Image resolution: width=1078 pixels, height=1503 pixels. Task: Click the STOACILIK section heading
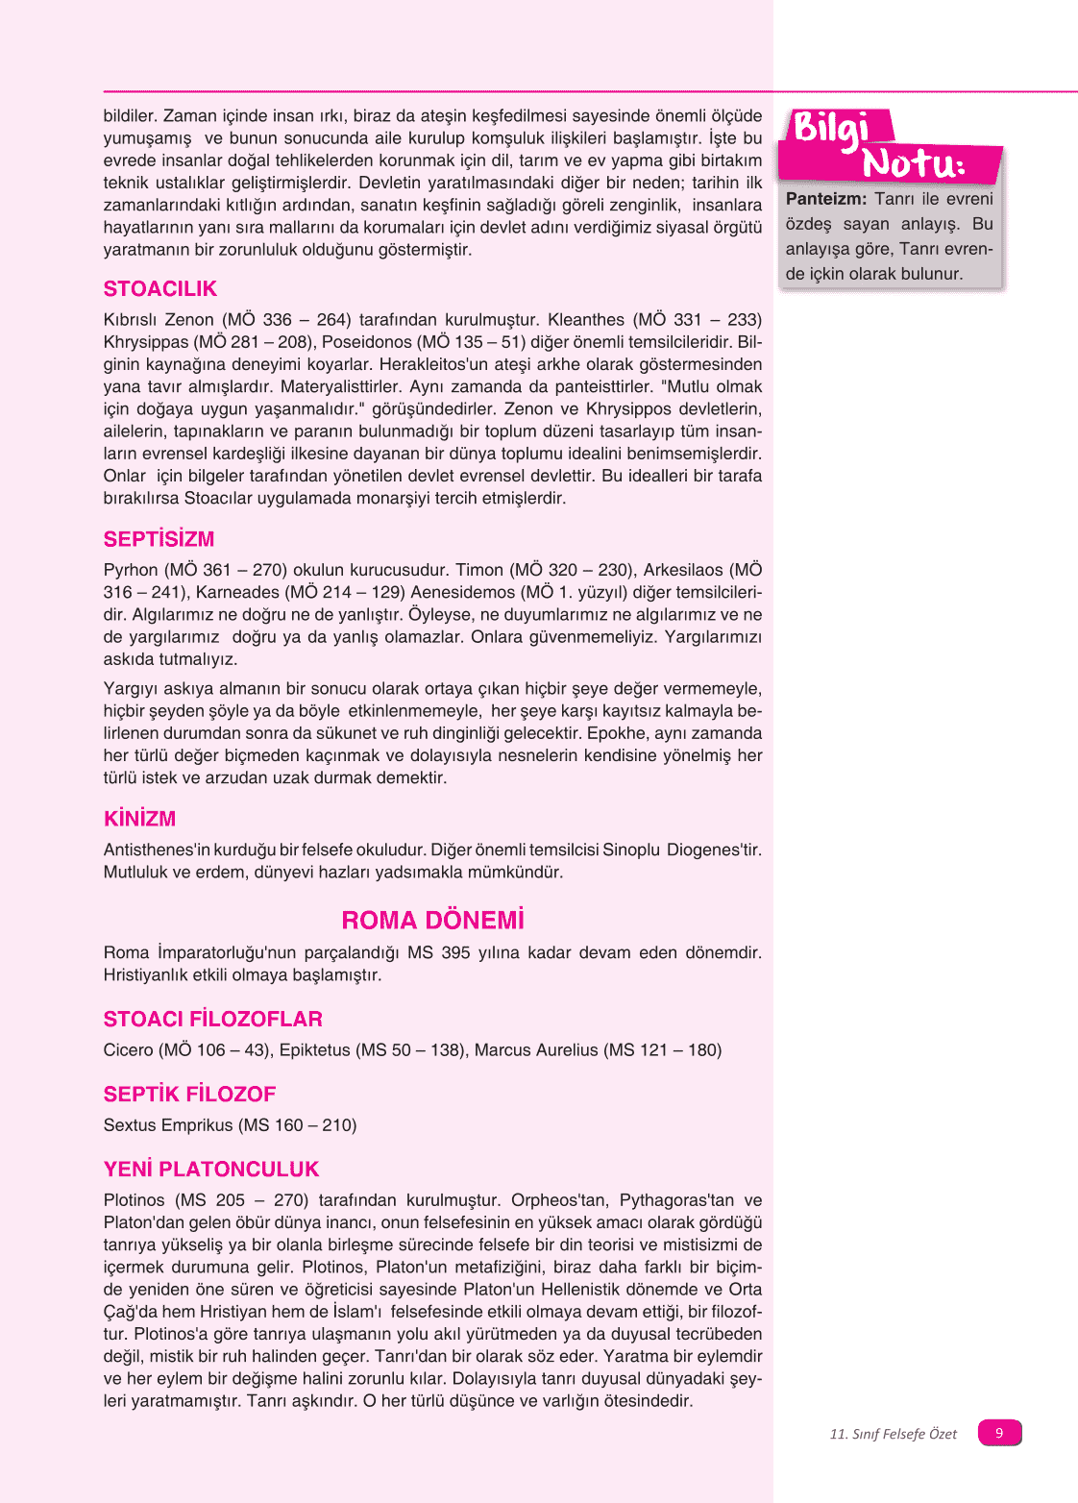[x=160, y=289]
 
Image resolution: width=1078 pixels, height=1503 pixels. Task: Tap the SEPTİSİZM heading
[x=159, y=539]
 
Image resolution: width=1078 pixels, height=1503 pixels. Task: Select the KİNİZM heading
[x=139, y=819]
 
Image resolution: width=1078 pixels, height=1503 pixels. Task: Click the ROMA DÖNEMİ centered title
[x=432, y=921]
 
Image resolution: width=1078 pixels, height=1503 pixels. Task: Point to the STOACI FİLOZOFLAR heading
[x=212, y=1020]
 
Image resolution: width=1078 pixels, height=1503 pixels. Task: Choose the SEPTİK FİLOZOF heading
[x=189, y=1095]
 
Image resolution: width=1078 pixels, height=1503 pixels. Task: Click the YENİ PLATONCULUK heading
[x=210, y=1170]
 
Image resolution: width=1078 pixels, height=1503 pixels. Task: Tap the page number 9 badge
[x=999, y=1433]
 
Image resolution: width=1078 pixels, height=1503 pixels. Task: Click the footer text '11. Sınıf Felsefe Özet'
[x=893, y=1434]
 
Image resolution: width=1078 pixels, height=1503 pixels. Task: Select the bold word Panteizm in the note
[x=825, y=199]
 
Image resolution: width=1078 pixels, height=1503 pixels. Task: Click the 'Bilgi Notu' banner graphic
[x=889, y=146]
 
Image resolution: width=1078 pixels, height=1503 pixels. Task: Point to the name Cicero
[x=128, y=1050]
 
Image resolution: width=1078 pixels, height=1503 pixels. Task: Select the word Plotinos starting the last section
[x=134, y=1200]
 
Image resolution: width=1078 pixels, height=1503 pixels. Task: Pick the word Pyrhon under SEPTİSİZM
[x=131, y=571]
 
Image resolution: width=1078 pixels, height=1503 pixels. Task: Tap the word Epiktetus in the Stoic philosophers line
[x=314, y=1050]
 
